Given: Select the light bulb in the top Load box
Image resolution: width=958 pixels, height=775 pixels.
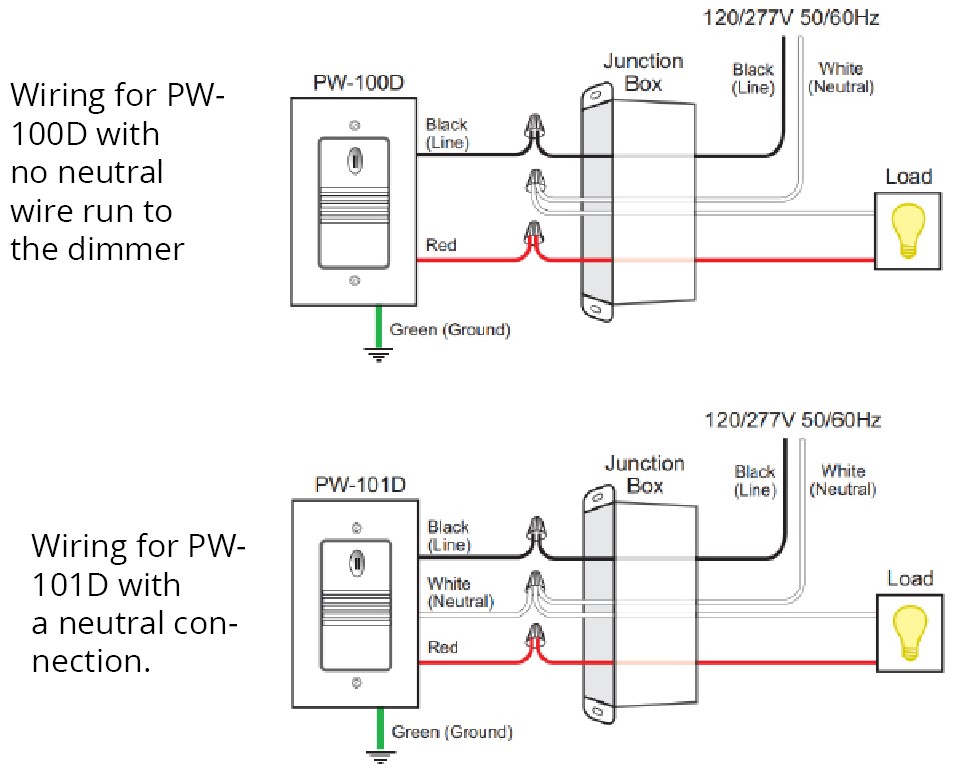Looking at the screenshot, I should (x=908, y=230).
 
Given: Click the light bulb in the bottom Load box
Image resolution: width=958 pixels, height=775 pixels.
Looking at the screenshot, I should (x=911, y=632).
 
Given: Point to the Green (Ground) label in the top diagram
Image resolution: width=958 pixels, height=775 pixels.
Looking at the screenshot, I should (x=449, y=329).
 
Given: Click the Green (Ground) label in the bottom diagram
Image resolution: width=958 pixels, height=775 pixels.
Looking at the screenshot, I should (x=452, y=732).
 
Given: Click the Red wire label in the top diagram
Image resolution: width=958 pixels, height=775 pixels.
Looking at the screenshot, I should (x=441, y=245).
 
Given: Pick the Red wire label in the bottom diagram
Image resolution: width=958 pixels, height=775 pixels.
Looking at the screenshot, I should (x=443, y=648).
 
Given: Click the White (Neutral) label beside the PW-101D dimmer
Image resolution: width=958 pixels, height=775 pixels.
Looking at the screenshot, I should (x=461, y=592).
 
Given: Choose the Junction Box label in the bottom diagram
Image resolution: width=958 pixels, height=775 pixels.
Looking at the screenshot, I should (x=644, y=474).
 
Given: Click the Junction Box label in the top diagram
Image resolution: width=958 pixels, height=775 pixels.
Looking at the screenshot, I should (x=642, y=72).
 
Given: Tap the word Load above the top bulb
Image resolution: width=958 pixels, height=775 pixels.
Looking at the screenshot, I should (x=908, y=177).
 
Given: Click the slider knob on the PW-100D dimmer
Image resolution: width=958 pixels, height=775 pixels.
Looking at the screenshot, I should (x=354, y=159).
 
